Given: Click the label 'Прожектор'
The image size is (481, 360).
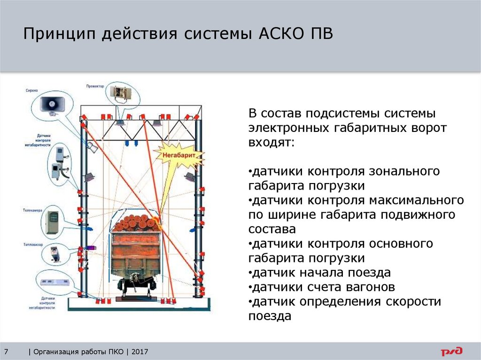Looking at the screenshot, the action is (x=95, y=86).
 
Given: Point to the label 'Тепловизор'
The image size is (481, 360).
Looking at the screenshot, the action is (x=32, y=245).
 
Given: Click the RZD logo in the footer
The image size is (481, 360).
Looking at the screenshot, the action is (x=451, y=351).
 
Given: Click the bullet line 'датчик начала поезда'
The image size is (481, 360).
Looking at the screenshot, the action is (x=319, y=273).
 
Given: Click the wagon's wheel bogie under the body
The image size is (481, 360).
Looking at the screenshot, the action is (x=136, y=284).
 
